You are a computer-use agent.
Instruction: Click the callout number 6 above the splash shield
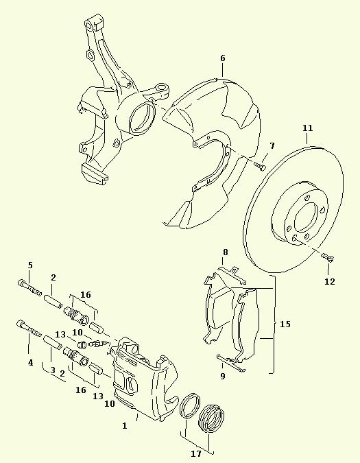(222, 58)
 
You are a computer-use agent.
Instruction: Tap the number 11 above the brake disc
(307, 128)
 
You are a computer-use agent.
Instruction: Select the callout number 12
(330, 282)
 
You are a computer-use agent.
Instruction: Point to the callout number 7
(272, 145)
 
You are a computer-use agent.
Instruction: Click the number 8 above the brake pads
(226, 252)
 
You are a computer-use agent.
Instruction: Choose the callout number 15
(285, 324)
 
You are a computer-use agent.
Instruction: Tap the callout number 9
(222, 376)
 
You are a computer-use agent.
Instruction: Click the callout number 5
(30, 265)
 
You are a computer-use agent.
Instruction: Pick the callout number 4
(30, 363)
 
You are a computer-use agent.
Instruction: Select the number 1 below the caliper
(125, 425)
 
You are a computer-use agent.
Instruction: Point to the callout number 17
(196, 453)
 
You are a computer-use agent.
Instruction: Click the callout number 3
(53, 370)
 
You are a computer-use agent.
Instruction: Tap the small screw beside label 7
(261, 166)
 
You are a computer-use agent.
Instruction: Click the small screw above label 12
(328, 257)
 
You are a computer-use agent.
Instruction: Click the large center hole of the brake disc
(305, 217)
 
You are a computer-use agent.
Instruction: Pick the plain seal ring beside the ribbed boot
(190, 405)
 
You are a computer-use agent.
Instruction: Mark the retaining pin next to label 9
(231, 363)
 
